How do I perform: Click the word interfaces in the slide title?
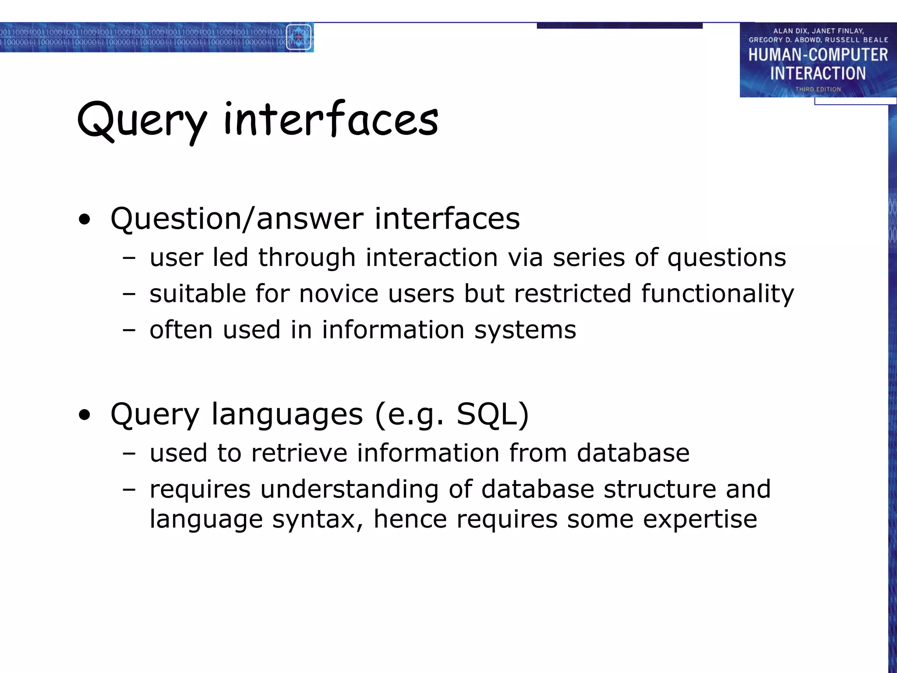point(331,119)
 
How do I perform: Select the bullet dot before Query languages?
point(85,415)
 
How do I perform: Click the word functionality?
point(717,294)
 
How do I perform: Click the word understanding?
point(349,489)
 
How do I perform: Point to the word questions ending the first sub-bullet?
point(727,258)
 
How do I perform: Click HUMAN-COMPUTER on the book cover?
point(818,55)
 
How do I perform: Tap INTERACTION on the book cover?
point(818,73)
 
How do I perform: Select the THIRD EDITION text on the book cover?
point(818,89)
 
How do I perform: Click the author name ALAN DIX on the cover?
point(790,31)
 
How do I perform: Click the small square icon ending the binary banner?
point(299,37)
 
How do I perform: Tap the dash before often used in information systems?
point(129,330)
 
